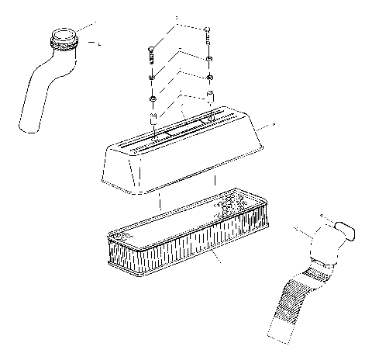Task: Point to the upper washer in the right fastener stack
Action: (x=209, y=60)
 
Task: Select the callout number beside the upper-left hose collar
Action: (x=102, y=44)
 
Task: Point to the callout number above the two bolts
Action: (x=176, y=17)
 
